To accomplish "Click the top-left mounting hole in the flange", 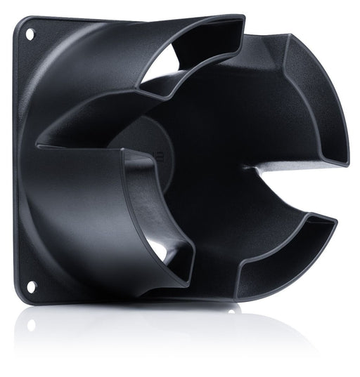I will point(30,32).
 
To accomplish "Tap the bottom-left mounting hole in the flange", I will point(31,286).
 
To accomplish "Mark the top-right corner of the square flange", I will point(243,15).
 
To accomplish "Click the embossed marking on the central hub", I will point(163,156).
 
